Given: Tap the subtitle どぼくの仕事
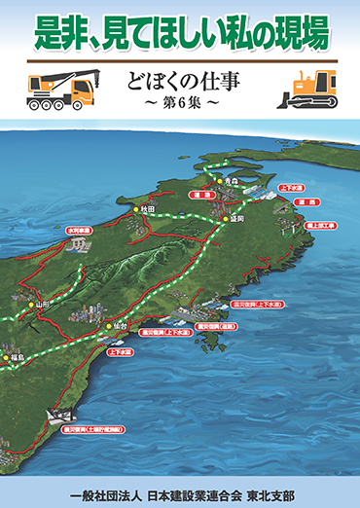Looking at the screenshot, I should (181, 81).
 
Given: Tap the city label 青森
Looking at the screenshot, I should (231, 182).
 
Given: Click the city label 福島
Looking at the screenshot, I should (18, 358).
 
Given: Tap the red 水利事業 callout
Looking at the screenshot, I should (78, 231).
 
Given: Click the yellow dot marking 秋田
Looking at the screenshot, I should (135, 209).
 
